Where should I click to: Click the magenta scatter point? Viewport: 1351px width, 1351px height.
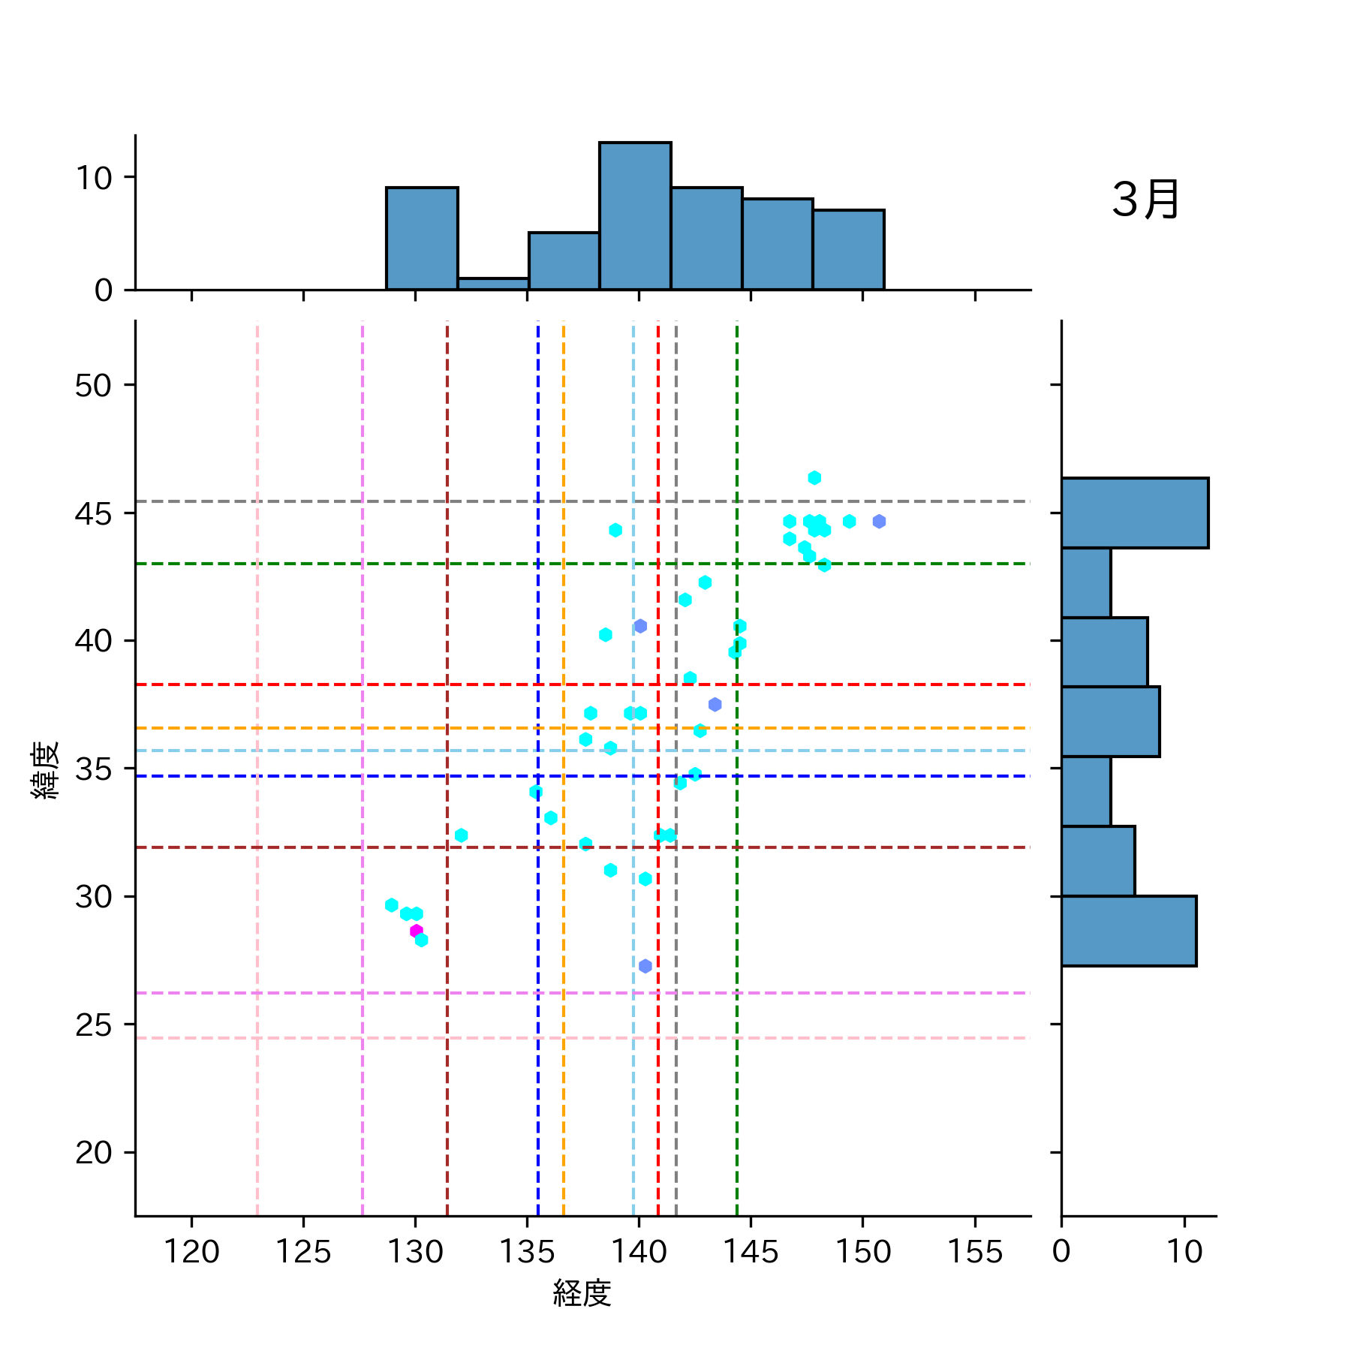(x=416, y=931)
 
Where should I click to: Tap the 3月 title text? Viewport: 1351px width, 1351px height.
(x=1145, y=200)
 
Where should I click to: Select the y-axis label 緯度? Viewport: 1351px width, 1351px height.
(x=45, y=769)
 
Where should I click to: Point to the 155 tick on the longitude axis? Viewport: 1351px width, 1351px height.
(x=974, y=1251)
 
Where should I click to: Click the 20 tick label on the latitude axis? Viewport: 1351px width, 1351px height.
(x=93, y=1152)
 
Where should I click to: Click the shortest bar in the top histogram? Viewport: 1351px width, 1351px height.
(x=493, y=284)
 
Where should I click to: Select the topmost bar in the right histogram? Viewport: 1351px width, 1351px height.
(x=1134, y=513)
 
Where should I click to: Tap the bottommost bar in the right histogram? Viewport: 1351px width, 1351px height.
(x=1128, y=931)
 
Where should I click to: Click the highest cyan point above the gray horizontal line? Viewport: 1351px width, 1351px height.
(x=814, y=478)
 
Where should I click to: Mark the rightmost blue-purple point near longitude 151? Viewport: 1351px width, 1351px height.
(x=879, y=522)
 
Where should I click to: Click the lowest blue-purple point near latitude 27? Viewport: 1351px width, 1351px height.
(x=645, y=966)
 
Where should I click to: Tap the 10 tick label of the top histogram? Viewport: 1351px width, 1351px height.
(x=93, y=178)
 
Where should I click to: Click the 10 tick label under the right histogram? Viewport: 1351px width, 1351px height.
(x=1184, y=1251)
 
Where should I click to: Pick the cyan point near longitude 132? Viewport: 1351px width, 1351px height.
(x=462, y=835)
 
